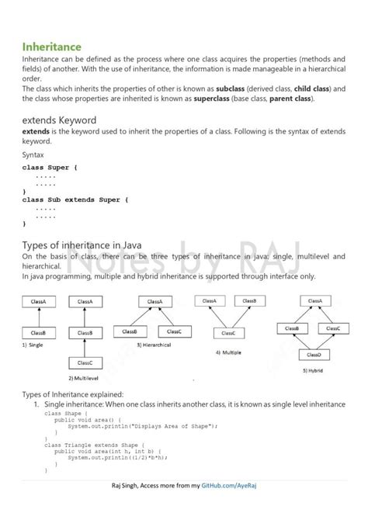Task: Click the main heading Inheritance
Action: (x=51, y=47)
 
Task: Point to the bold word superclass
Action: (x=215, y=99)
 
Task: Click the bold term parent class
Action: (x=290, y=99)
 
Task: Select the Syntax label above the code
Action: (x=33, y=154)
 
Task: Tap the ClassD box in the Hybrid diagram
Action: (x=314, y=354)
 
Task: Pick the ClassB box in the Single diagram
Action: (x=38, y=332)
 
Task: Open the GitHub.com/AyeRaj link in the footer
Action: (x=231, y=507)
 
